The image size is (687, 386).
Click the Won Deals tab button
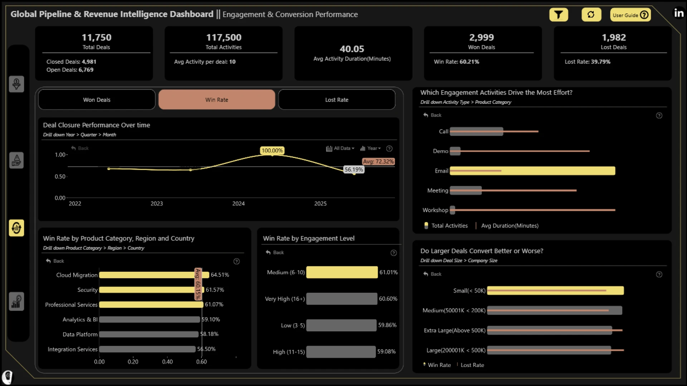[97, 100]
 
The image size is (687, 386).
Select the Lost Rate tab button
[337, 100]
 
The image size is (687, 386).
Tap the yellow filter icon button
[559, 15]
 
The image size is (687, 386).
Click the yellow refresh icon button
[591, 15]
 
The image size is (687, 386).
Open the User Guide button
[630, 15]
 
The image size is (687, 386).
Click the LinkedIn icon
[679, 13]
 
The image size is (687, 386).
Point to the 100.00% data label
[272, 150]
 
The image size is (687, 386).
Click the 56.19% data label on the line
[354, 169]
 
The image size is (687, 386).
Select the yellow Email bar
[532, 171]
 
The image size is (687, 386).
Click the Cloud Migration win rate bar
[154, 275]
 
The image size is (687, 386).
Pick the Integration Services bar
[147, 349]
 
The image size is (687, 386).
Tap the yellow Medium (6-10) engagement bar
[342, 272]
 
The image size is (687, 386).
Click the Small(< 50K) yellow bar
[555, 291]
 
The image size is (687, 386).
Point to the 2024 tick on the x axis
[238, 203]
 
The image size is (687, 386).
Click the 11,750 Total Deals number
[96, 38]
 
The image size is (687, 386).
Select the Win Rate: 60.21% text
[457, 62]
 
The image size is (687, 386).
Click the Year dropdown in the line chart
[370, 148]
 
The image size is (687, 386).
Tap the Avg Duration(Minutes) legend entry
[510, 226]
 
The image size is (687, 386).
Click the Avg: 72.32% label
[378, 162]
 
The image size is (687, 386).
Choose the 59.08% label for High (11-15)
[386, 352]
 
